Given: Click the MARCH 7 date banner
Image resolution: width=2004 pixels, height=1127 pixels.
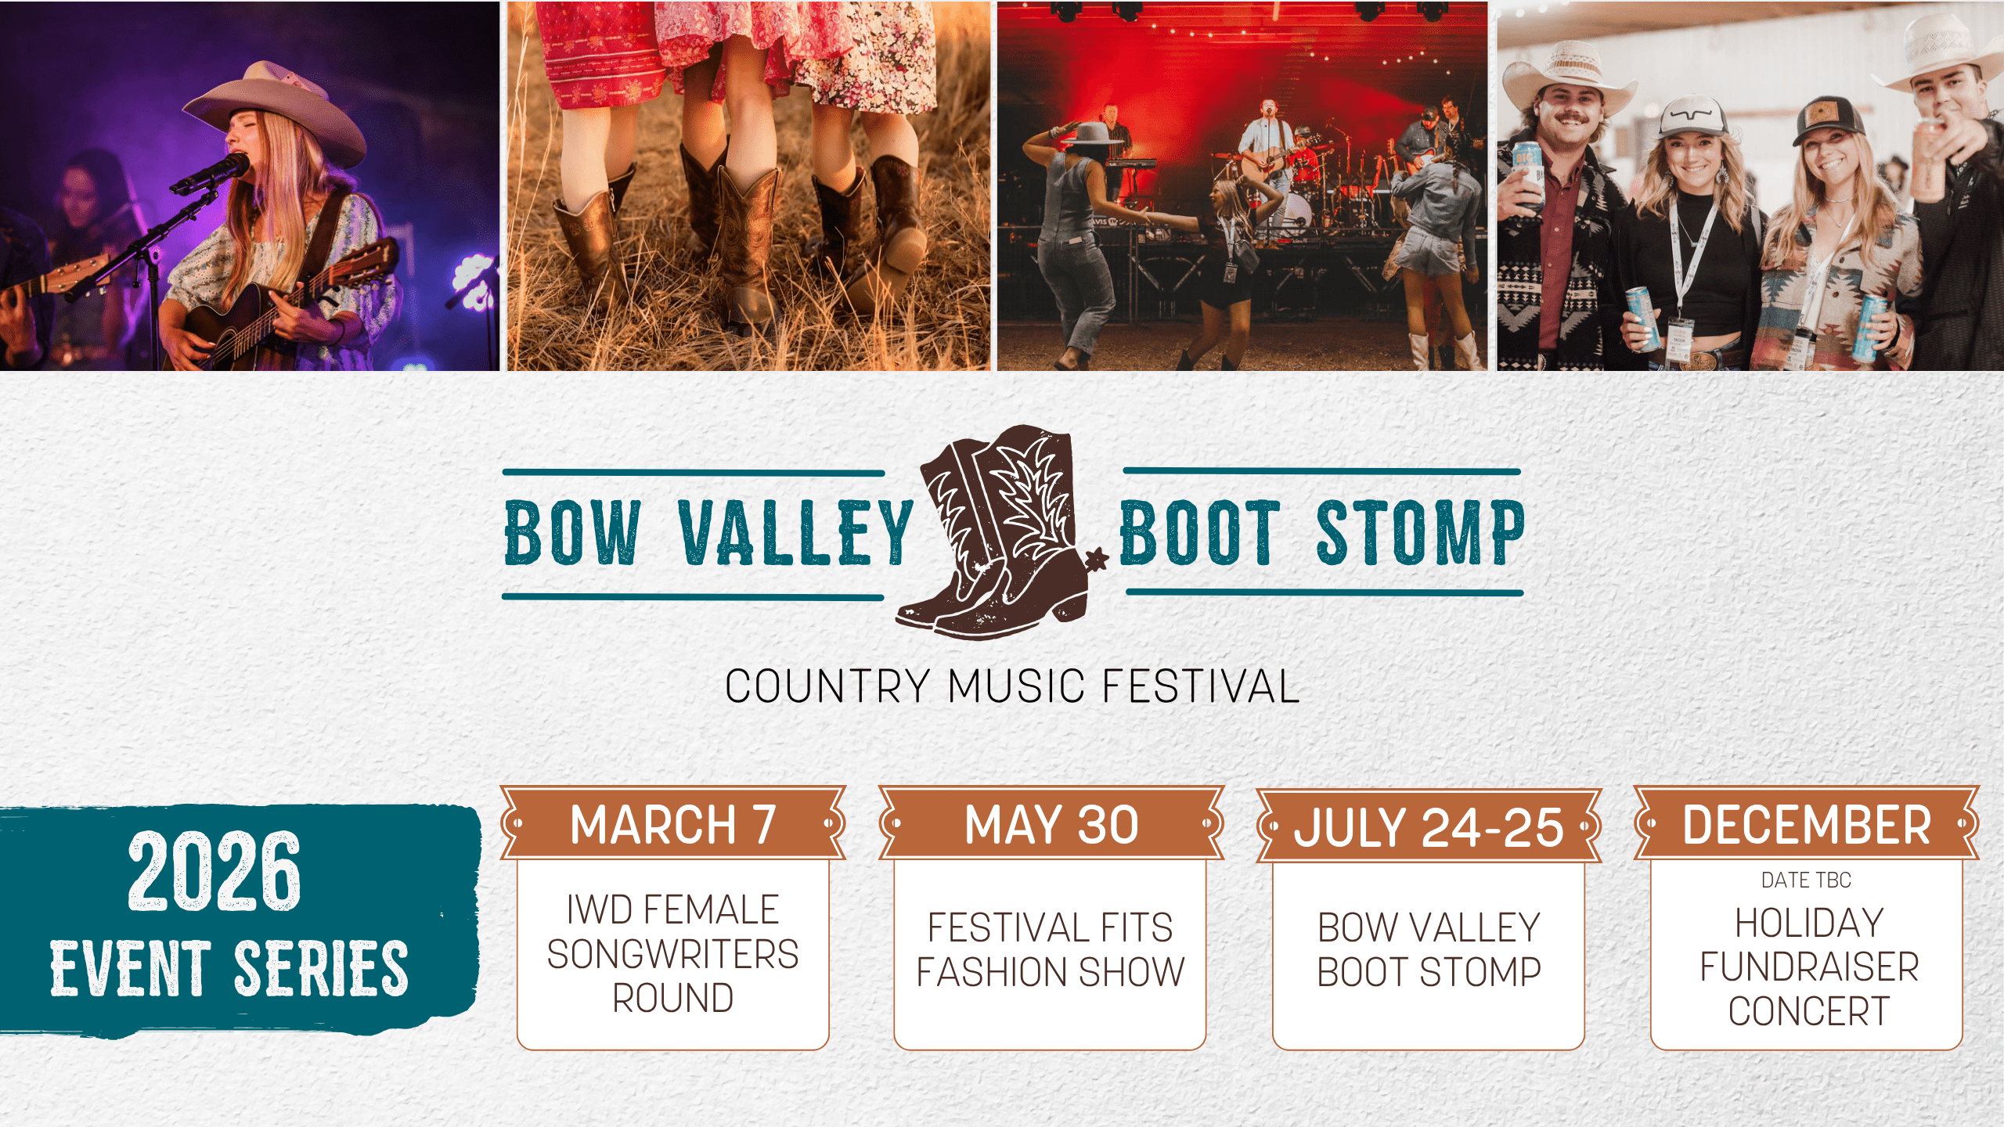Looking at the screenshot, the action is click(673, 823).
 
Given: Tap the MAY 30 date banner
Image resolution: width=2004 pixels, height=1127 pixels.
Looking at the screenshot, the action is click(1051, 823).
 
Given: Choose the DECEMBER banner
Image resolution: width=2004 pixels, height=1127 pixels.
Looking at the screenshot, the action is click(1807, 823).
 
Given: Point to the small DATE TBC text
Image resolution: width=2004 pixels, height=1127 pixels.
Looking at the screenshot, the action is click(1806, 880).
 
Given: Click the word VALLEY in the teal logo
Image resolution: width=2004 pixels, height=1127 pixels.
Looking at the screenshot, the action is click(796, 533).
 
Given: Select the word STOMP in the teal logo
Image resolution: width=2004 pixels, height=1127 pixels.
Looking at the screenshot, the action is click(1421, 531).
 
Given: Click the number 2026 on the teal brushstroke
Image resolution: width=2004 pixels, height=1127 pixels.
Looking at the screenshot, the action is click(214, 871).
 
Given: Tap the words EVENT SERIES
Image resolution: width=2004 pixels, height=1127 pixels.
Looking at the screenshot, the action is click(229, 969).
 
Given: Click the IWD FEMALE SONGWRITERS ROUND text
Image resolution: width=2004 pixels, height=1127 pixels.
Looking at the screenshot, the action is click(672, 953).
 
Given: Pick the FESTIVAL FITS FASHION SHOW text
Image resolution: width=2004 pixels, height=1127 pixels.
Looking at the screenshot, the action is click(1051, 949).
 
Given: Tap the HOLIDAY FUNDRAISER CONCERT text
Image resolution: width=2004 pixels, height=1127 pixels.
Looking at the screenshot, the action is click(1808, 967).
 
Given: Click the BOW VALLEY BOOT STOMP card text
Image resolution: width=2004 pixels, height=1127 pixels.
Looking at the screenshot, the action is click(1429, 949).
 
